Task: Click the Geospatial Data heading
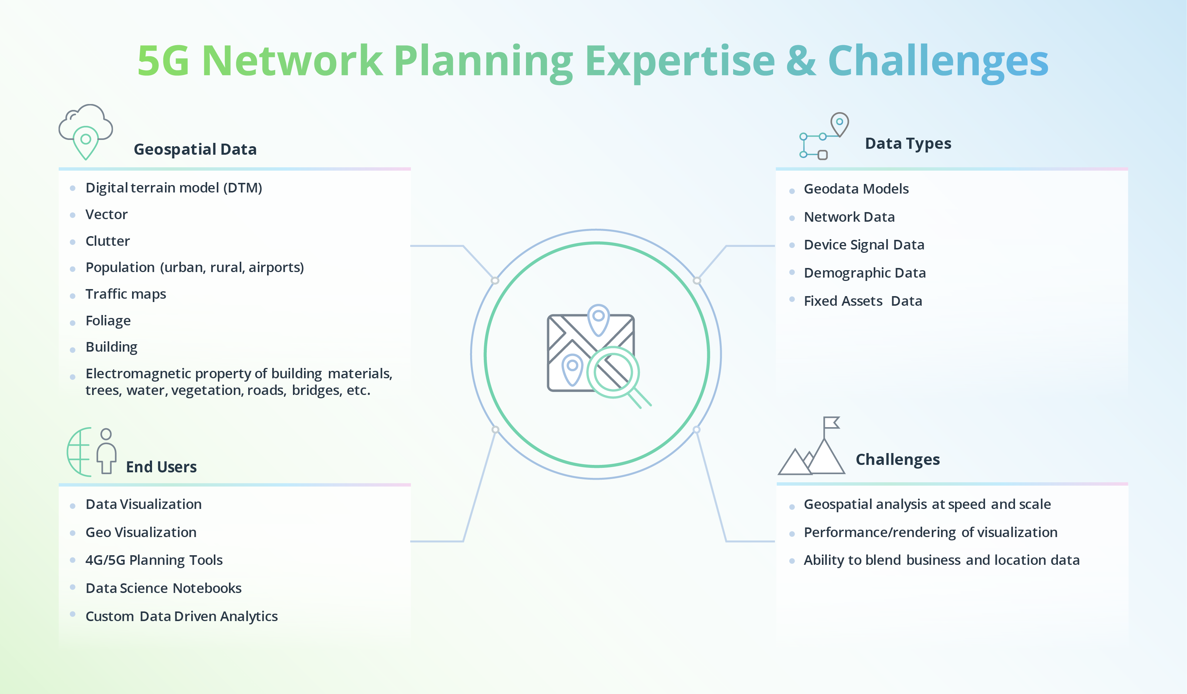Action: pos(195,150)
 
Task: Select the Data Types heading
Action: pos(908,143)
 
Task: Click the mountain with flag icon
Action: pos(812,448)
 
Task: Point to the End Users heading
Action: pos(161,467)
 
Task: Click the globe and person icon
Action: pos(92,452)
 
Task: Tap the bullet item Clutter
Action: pos(107,241)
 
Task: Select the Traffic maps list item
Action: pos(125,294)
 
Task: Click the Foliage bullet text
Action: pos(108,321)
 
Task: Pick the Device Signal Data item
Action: pos(864,245)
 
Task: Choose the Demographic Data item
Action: pos(864,273)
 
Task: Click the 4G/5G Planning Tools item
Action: pos(154,560)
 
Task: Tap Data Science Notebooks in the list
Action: pos(163,589)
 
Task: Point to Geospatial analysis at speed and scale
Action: pos(927,504)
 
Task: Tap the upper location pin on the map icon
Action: pos(598,318)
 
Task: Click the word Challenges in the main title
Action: pos(937,61)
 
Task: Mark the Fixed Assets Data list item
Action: pos(863,301)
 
